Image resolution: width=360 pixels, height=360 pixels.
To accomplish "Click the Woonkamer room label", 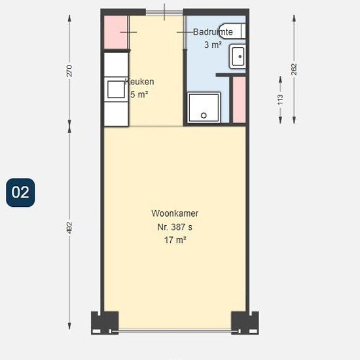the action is [x=175, y=213].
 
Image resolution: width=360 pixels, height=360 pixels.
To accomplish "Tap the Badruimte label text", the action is [x=213, y=31].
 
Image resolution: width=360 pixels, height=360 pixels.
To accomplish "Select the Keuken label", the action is [x=139, y=82].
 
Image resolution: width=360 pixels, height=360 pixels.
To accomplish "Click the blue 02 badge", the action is [x=20, y=192].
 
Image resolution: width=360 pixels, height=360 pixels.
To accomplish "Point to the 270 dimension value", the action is [x=69, y=71].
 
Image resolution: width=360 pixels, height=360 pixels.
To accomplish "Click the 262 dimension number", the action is [x=294, y=69].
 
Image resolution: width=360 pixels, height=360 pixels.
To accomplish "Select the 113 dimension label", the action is [x=280, y=99].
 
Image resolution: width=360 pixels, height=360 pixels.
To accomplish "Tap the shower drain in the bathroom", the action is [x=204, y=115].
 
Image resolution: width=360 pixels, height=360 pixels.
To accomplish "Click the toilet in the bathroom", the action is [x=232, y=31].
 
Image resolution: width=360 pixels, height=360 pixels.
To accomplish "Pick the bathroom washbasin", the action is [x=238, y=56].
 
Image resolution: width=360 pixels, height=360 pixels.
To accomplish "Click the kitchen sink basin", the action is [x=116, y=89].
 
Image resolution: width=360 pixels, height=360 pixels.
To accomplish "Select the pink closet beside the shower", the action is [x=239, y=99].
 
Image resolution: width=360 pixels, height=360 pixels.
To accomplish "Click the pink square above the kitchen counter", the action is [x=115, y=32].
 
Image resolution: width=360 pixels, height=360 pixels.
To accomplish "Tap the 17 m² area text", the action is [x=175, y=240].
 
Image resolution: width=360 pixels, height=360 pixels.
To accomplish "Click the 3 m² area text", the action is [x=213, y=45].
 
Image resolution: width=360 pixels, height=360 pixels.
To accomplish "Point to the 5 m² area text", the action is [x=139, y=94].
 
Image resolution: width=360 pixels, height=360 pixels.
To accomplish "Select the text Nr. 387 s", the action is [x=175, y=227].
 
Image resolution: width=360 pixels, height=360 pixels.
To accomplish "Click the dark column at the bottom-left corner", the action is [x=105, y=322].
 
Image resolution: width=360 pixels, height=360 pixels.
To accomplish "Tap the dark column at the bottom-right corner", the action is [x=245, y=322].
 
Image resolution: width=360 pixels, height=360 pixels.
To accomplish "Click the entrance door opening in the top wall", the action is [x=164, y=12].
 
